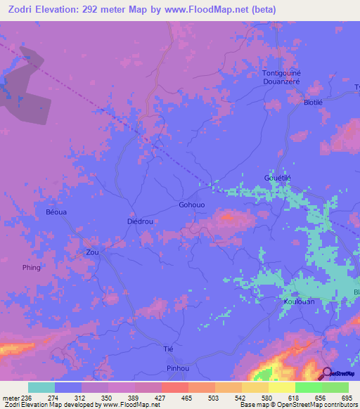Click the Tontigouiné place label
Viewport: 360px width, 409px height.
(x=281, y=73)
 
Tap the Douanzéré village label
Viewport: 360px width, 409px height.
(x=281, y=82)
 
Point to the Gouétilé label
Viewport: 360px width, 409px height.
(x=277, y=178)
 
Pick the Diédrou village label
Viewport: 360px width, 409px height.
(x=140, y=221)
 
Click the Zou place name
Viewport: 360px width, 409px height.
(x=92, y=252)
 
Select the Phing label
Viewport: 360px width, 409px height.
(x=32, y=268)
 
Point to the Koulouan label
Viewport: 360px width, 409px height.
(x=299, y=301)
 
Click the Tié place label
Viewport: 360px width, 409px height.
(x=168, y=349)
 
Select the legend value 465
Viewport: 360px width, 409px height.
(x=187, y=398)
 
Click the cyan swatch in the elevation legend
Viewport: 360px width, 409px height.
(x=41, y=387)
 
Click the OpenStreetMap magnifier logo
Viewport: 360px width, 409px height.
(x=328, y=374)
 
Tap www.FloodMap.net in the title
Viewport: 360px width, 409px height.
(x=212, y=10)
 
